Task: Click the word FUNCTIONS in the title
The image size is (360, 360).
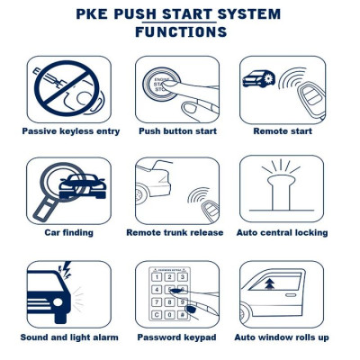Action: [180, 32]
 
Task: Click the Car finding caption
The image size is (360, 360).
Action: [68, 232]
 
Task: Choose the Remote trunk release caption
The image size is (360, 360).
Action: [175, 232]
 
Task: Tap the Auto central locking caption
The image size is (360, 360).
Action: [282, 232]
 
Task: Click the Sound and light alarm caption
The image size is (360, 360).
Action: [68, 337]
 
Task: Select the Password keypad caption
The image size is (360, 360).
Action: [176, 337]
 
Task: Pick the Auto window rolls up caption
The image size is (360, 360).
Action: [282, 337]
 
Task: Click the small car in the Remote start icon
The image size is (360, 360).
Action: [257, 79]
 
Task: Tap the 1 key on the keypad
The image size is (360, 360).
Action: [156, 276]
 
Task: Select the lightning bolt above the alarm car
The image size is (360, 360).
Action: [65, 269]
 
